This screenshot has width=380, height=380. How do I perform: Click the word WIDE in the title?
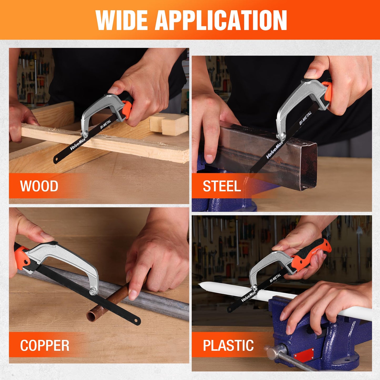122,21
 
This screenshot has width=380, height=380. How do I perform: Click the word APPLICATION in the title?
221,21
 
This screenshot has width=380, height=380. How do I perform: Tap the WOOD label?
39,186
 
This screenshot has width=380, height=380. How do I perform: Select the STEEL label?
222,186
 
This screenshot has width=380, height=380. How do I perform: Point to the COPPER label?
45,346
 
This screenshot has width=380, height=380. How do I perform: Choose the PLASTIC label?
228,346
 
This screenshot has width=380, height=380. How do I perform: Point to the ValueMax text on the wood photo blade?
78,144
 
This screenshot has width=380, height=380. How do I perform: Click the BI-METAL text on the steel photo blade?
305,118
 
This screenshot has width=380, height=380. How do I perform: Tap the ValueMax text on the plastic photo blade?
249,296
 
